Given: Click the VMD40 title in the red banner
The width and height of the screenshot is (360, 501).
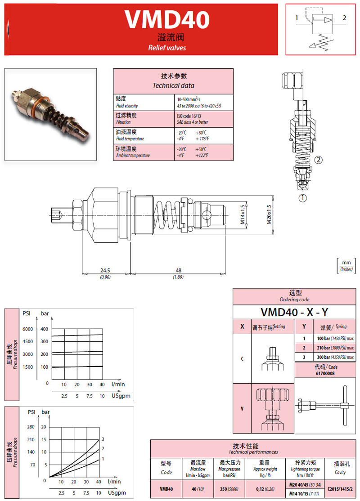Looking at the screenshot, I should (167, 20).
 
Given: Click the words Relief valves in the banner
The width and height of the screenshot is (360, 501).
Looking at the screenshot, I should (167, 48).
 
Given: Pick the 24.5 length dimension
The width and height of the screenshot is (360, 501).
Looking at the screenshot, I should (105, 270).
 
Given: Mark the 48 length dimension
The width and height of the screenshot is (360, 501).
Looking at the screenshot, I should (178, 270).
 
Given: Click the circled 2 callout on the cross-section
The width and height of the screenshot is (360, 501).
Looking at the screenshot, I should (319, 160).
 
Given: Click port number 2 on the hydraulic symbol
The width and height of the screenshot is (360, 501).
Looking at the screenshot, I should (344, 18).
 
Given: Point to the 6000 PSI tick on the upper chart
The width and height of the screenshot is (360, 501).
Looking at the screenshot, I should (28, 329).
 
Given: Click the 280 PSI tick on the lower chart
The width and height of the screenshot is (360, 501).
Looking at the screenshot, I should (31, 426).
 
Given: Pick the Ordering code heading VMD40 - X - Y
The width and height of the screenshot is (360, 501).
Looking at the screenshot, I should (294, 312).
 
